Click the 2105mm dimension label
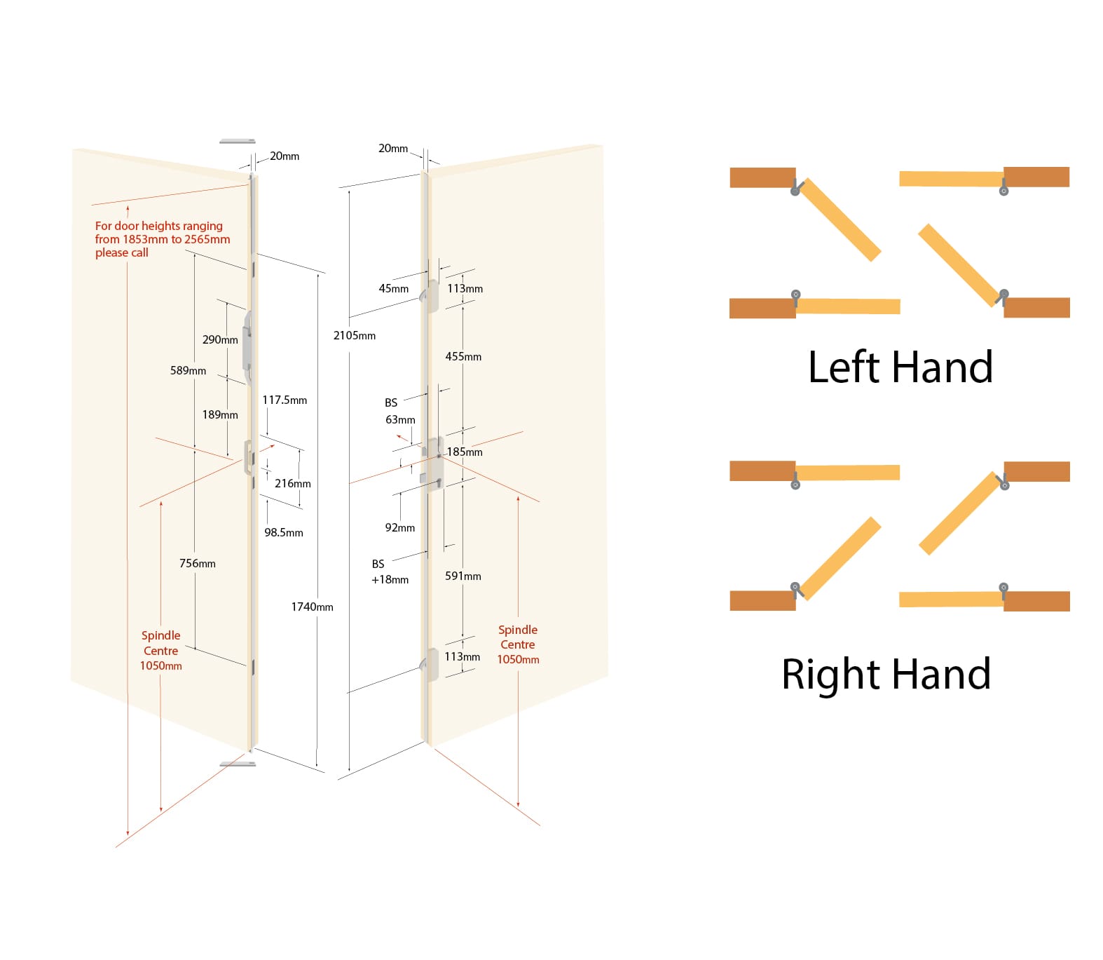pyautogui.click(x=355, y=335)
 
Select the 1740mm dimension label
pyautogui.click(x=312, y=607)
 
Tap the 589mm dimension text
pyautogui.click(x=188, y=370)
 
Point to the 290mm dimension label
pyautogui.click(x=220, y=339)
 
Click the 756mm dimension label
pyautogui.click(x=198, y=563)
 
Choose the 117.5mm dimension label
pyautogui.click(x=285, y=400)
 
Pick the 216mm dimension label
pyautogui.click(x=293, y=483)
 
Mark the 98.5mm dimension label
pyautogui.click(x=284, y=532)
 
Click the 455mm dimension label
pyautogui.click(x=463, y=356)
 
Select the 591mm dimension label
pyautogui.click(x=463, y=576)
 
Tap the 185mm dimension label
pyautogui.click(x=465, y=452)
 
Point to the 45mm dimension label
pyautogui.click(x=394, y=288)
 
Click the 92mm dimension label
pyautogui.click(x=400, y=527)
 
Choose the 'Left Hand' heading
pyautogui.click(x=900, y=367)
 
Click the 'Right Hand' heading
pyautogui.click(x=886, y=674)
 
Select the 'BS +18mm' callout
pyautogui.click(x=390, y=572)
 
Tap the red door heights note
pyautogui.click(x=163, y=239)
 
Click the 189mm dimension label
pyautogui.click(x=220, y=414)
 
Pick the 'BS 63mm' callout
pyautogui.click(x=399, y=411)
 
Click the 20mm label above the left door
pyautogui.click(x=285, y=156)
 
